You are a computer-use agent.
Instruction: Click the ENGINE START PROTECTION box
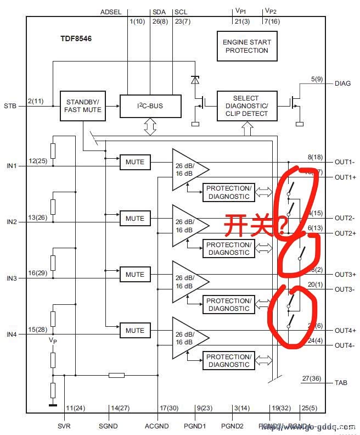[246, 46]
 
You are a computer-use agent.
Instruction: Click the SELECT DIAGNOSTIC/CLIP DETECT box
[246, 106]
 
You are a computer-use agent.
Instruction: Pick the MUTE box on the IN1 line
[134, 162]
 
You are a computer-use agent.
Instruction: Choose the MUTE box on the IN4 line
[134, 330]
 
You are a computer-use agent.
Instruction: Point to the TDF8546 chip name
[77, 40]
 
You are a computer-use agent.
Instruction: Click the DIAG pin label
[342, 83]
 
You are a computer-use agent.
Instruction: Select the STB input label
[10, 105]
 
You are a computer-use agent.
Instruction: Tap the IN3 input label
[12, 278]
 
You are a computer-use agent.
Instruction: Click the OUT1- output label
[345, 162]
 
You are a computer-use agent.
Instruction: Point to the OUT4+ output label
[345, 330]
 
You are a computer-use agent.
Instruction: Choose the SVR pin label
[64, 426]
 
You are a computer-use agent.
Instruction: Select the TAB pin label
[340, 383]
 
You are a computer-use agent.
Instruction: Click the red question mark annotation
[281, 224]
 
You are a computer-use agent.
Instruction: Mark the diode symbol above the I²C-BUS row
[195, 80]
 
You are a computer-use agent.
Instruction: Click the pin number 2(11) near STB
[37, 101]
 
